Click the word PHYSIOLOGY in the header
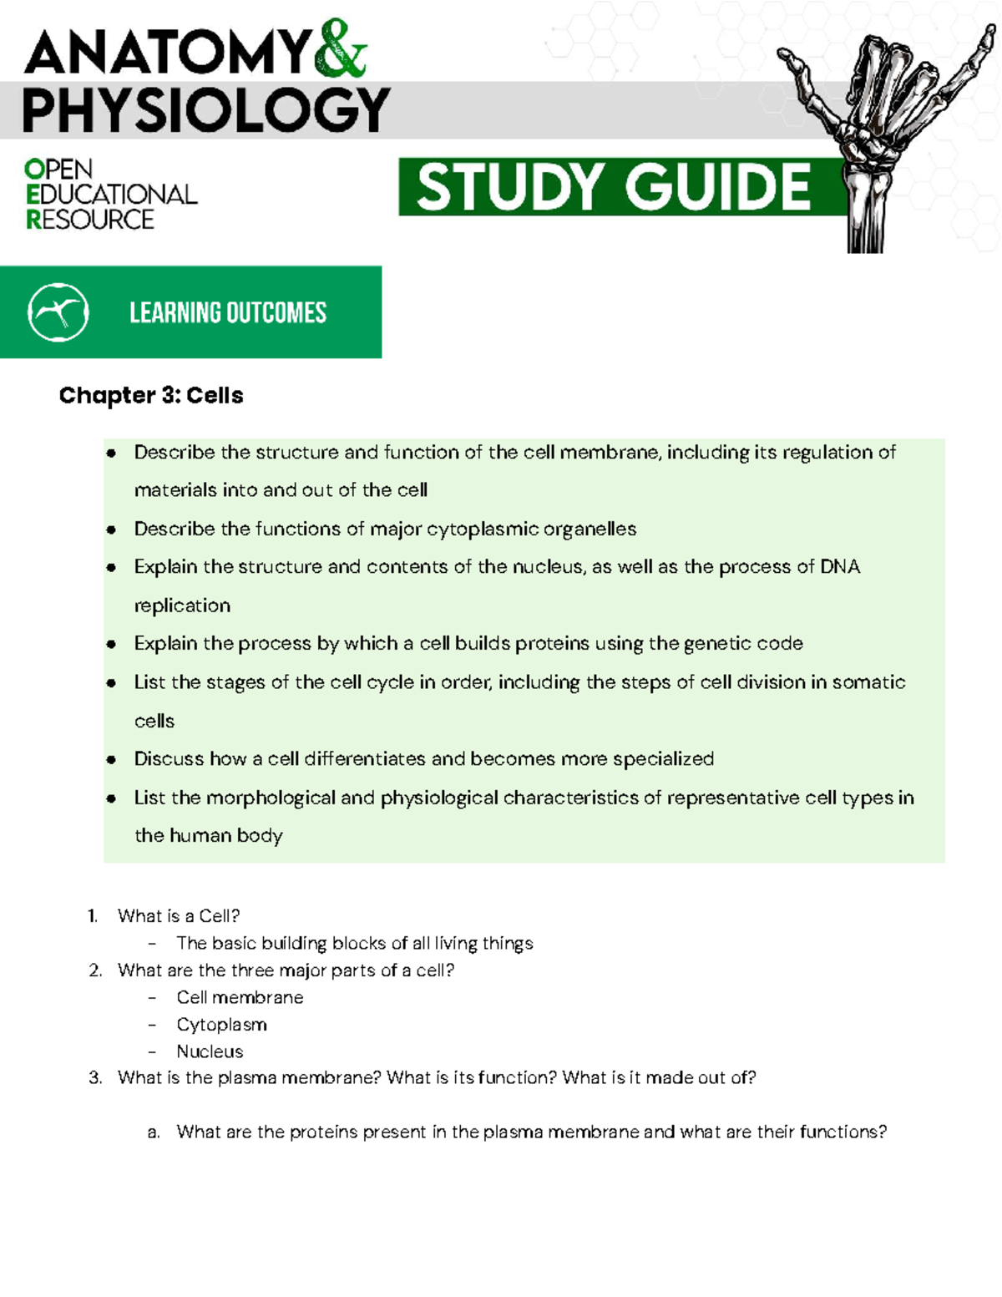pos(205,111)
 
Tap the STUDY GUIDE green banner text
pos(614,187)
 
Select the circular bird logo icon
pos(58,312)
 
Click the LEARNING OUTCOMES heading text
pos(228,313)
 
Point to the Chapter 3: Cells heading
pos(151,395)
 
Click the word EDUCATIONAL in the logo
pos(112,195)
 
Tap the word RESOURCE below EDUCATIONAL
pos(90,220)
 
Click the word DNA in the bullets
pos(840,567)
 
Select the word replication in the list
pos(182,605)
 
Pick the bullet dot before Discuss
pos(111,760)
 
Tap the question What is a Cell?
pos(179,916)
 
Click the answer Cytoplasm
pos(221,1025)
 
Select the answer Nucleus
pos(210,1051)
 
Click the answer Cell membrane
pos(240,997)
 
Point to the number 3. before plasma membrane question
pos(95,1078)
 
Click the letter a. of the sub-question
pos(153,1132)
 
